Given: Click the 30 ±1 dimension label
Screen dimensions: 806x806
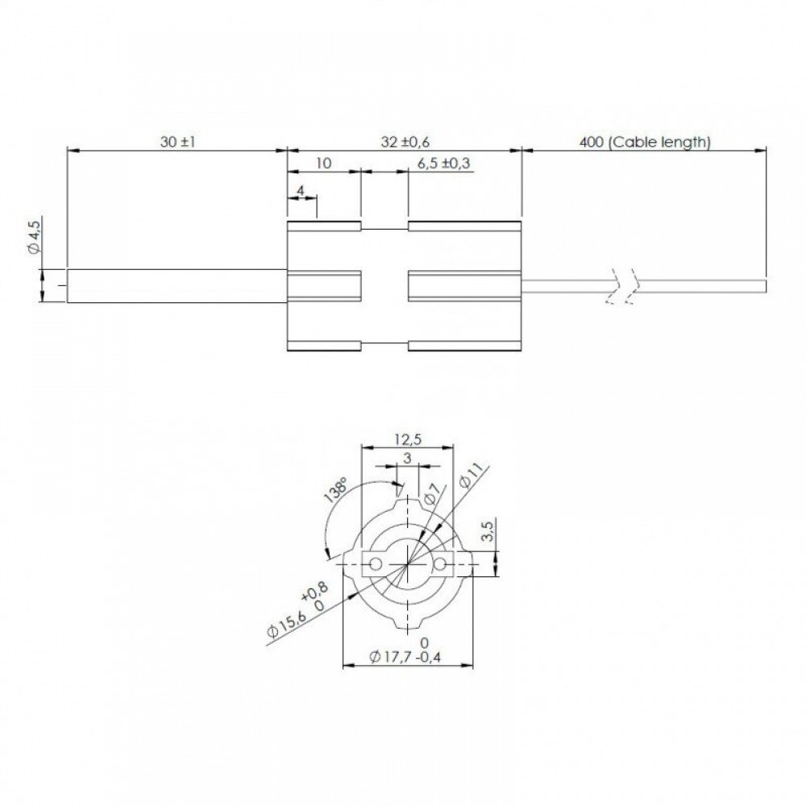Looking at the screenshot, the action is click(177, 142).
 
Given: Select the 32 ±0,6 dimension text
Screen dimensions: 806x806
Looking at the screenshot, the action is click(405, 142).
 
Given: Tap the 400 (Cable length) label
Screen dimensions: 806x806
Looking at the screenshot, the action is click(645, 142).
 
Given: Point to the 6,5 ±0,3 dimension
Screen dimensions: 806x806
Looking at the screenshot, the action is click(443, 164).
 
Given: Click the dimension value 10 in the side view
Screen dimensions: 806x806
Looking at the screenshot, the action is click(323, 164).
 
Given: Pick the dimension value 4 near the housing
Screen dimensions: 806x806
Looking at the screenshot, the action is click(301, 191).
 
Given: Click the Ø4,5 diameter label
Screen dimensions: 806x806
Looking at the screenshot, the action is click(34, 235).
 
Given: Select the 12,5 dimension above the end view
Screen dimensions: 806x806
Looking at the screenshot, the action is click(408, 439).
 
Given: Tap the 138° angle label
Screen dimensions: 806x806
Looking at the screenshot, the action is click(336, 490).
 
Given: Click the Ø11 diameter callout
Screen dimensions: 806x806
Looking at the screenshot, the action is click(472, 475).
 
